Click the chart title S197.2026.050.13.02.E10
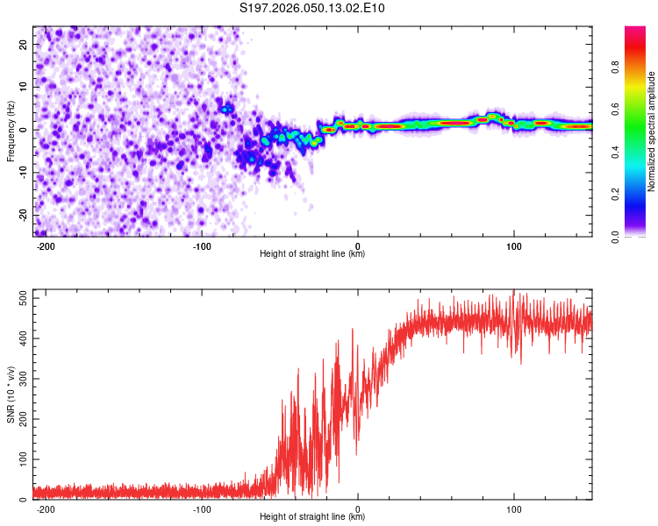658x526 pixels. coord(312,9)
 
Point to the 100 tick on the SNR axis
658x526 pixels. coord(22,459)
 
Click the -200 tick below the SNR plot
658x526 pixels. coord(46,508)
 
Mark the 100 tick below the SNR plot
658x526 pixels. coord(513,508)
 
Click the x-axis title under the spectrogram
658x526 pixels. coord(312,254)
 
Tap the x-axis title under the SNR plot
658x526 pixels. coord(312,517)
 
